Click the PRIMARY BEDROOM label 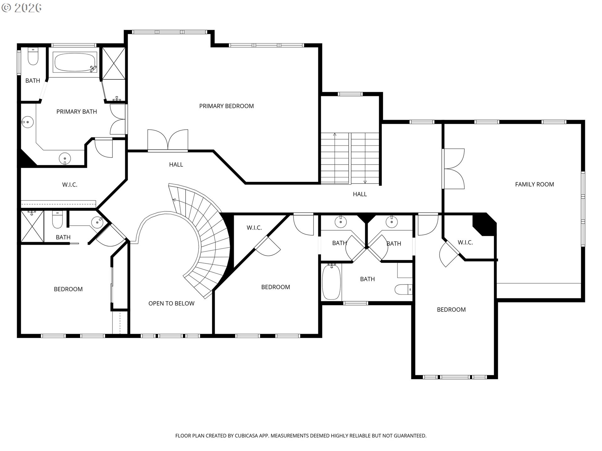226,106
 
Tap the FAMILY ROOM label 534,184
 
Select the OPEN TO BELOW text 171,303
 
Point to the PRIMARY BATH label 77,112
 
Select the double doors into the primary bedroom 168,140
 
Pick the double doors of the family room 453,168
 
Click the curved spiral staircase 204,238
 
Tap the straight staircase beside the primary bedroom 350,158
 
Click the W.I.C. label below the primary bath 70,185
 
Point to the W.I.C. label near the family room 465,242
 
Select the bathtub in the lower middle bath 331,282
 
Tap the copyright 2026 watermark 21,8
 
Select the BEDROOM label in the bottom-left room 68,289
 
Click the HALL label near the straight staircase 360,194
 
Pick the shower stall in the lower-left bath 32,226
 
